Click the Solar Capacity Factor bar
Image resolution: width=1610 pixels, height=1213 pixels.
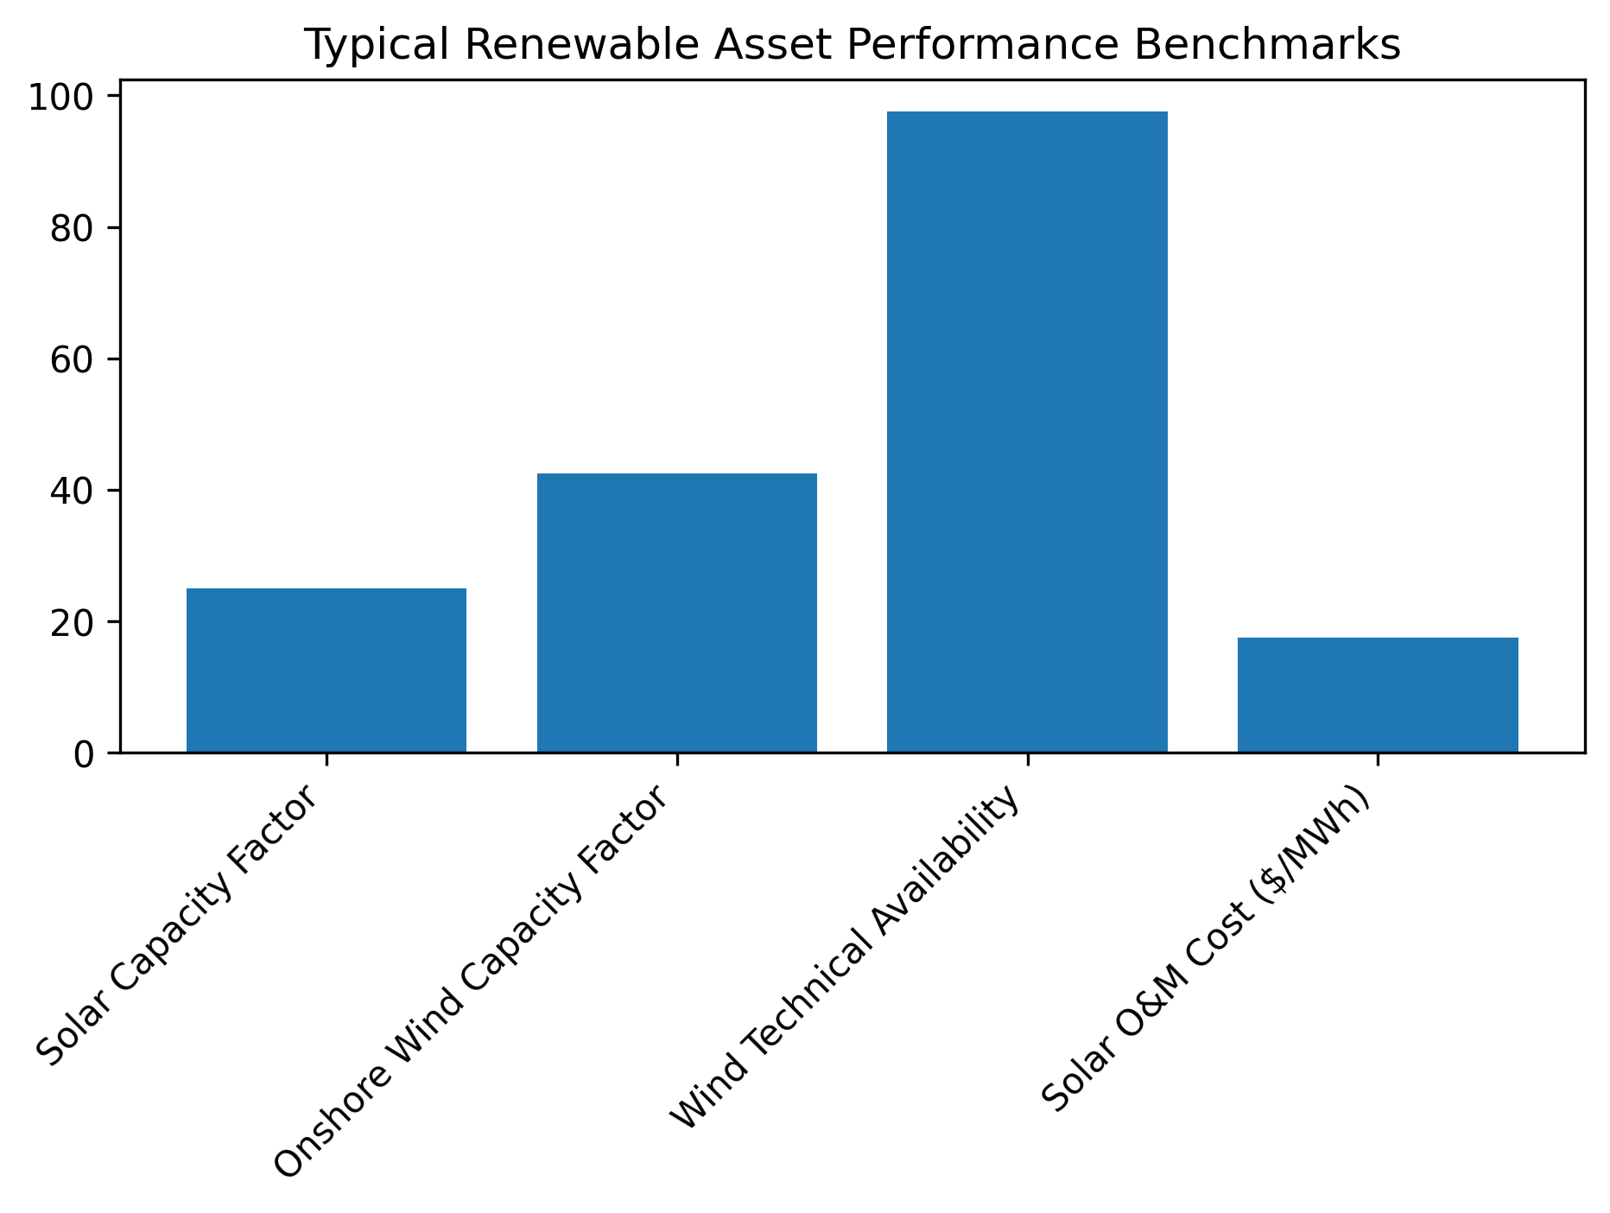tap(326, 670)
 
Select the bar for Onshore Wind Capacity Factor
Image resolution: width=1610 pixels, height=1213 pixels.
tap(677, 613)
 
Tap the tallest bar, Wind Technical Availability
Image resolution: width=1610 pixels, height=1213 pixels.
tap(1027, 432)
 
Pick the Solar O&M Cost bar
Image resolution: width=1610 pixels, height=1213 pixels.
tap(1378, 695)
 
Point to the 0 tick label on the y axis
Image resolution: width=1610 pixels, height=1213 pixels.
tap(84, 754)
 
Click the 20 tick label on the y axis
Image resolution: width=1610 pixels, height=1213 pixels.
tap(73, 623)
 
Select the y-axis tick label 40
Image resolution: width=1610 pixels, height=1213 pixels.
tap(73, 492)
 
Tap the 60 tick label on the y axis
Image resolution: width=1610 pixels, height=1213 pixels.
tap(73, 360)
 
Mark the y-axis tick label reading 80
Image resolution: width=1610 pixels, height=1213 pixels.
tap(73, 229)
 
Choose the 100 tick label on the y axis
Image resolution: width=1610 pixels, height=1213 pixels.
tap(61, 98)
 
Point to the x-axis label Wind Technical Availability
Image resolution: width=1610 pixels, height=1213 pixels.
tap(846, 959)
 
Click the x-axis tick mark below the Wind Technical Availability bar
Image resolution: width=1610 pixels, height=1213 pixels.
tap(1027, 759)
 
